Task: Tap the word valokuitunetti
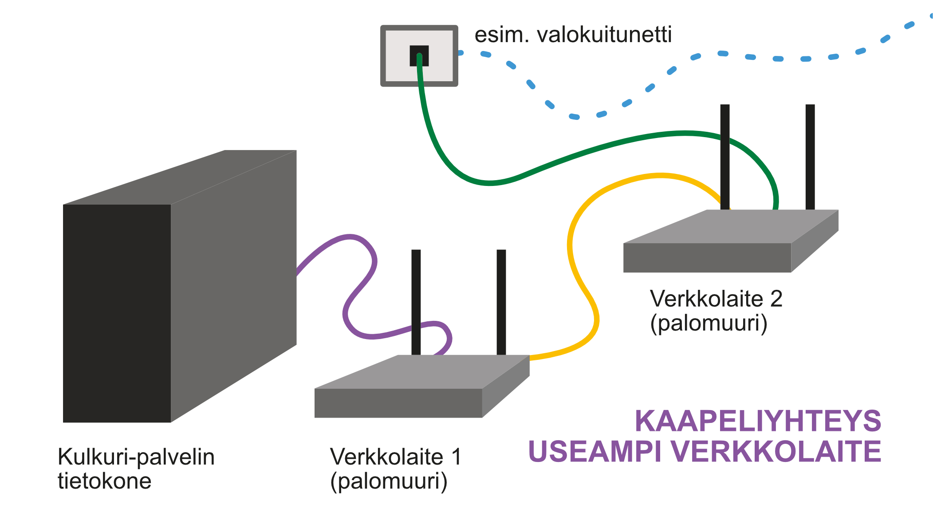point(604,35)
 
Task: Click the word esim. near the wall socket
point(501,35)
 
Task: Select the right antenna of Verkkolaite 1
point(501,302)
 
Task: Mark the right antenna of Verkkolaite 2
point(810,155)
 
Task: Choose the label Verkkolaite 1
point(395,457)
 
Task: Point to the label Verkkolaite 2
point(716,299)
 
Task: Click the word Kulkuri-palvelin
point(136,457)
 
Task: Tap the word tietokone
point(104,481)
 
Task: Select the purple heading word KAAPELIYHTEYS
point(758,421)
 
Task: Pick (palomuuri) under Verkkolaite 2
point(709,323)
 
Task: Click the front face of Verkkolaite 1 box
point(398,403)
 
